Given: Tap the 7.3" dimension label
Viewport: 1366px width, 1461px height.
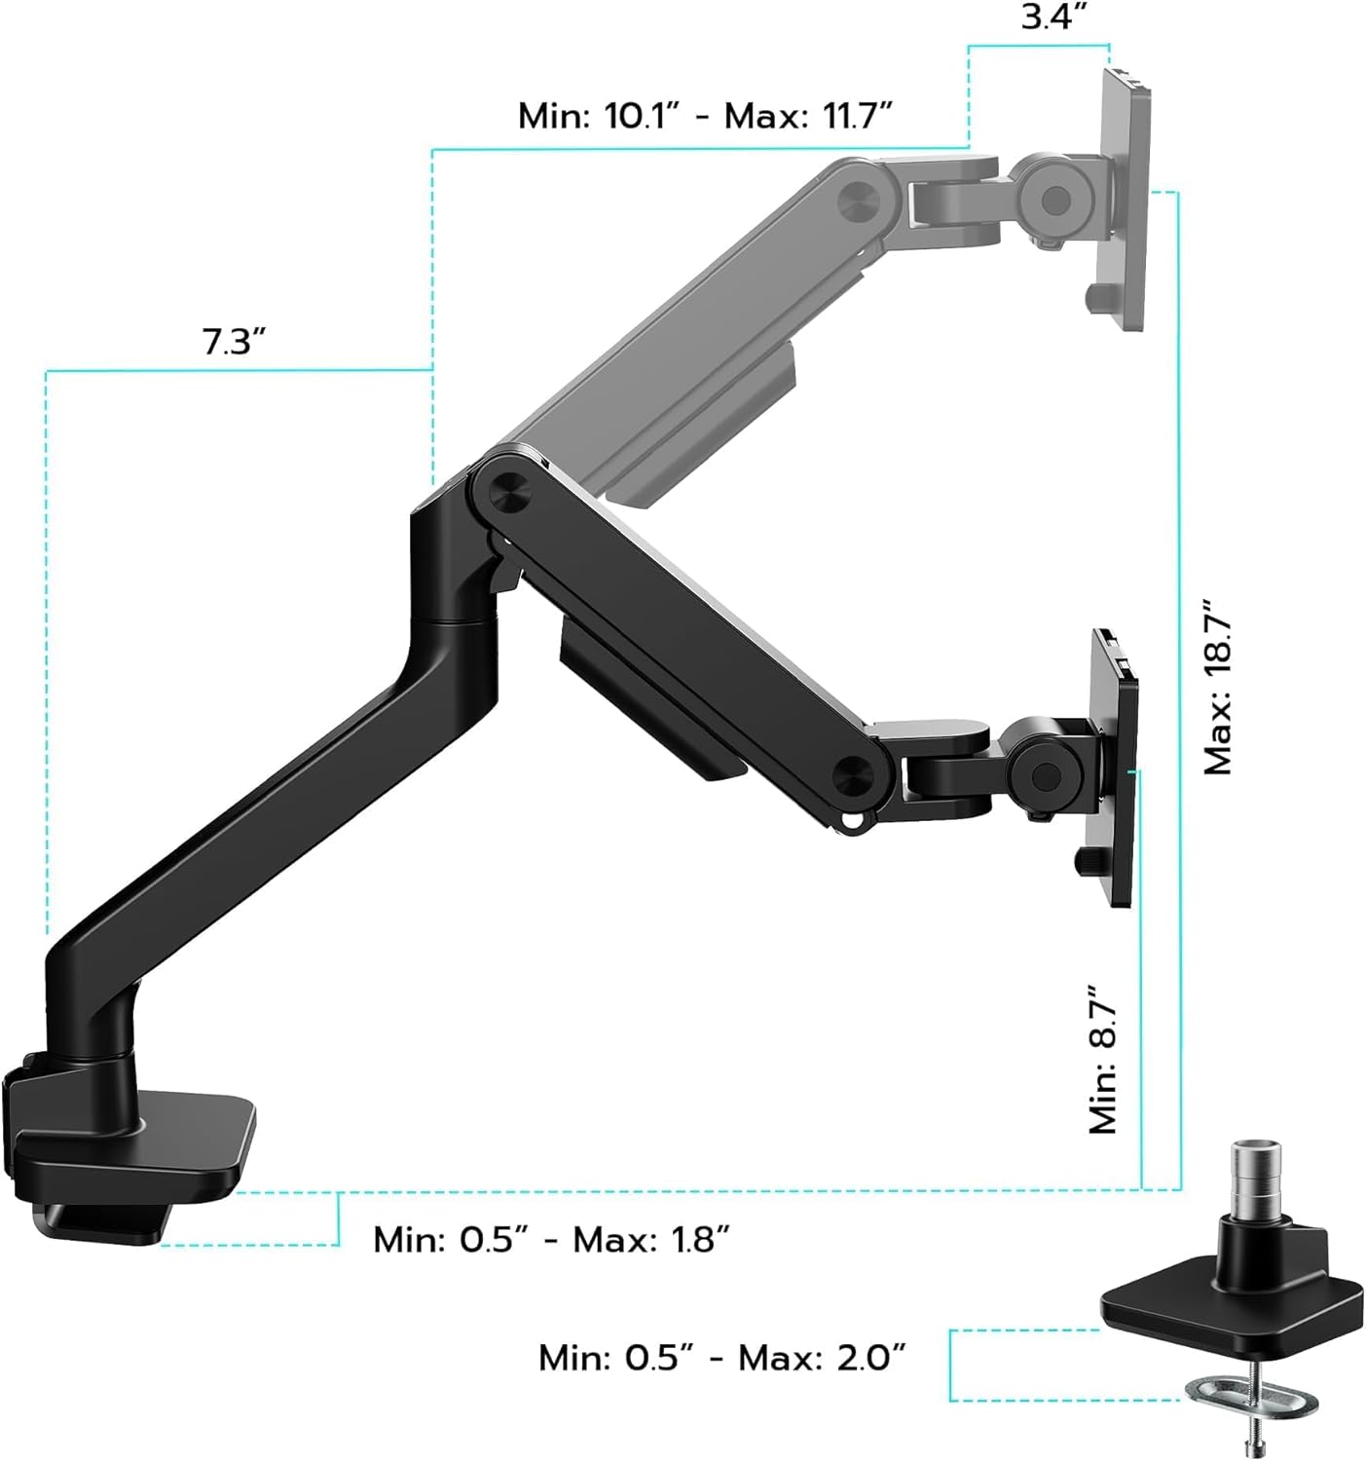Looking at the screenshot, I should (234, 342).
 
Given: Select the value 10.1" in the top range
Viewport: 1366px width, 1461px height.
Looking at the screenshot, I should (641, 116).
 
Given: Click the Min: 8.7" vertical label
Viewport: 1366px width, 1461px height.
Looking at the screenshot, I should (1102, 1059).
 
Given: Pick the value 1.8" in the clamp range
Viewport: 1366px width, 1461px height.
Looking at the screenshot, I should (693, 1240).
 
